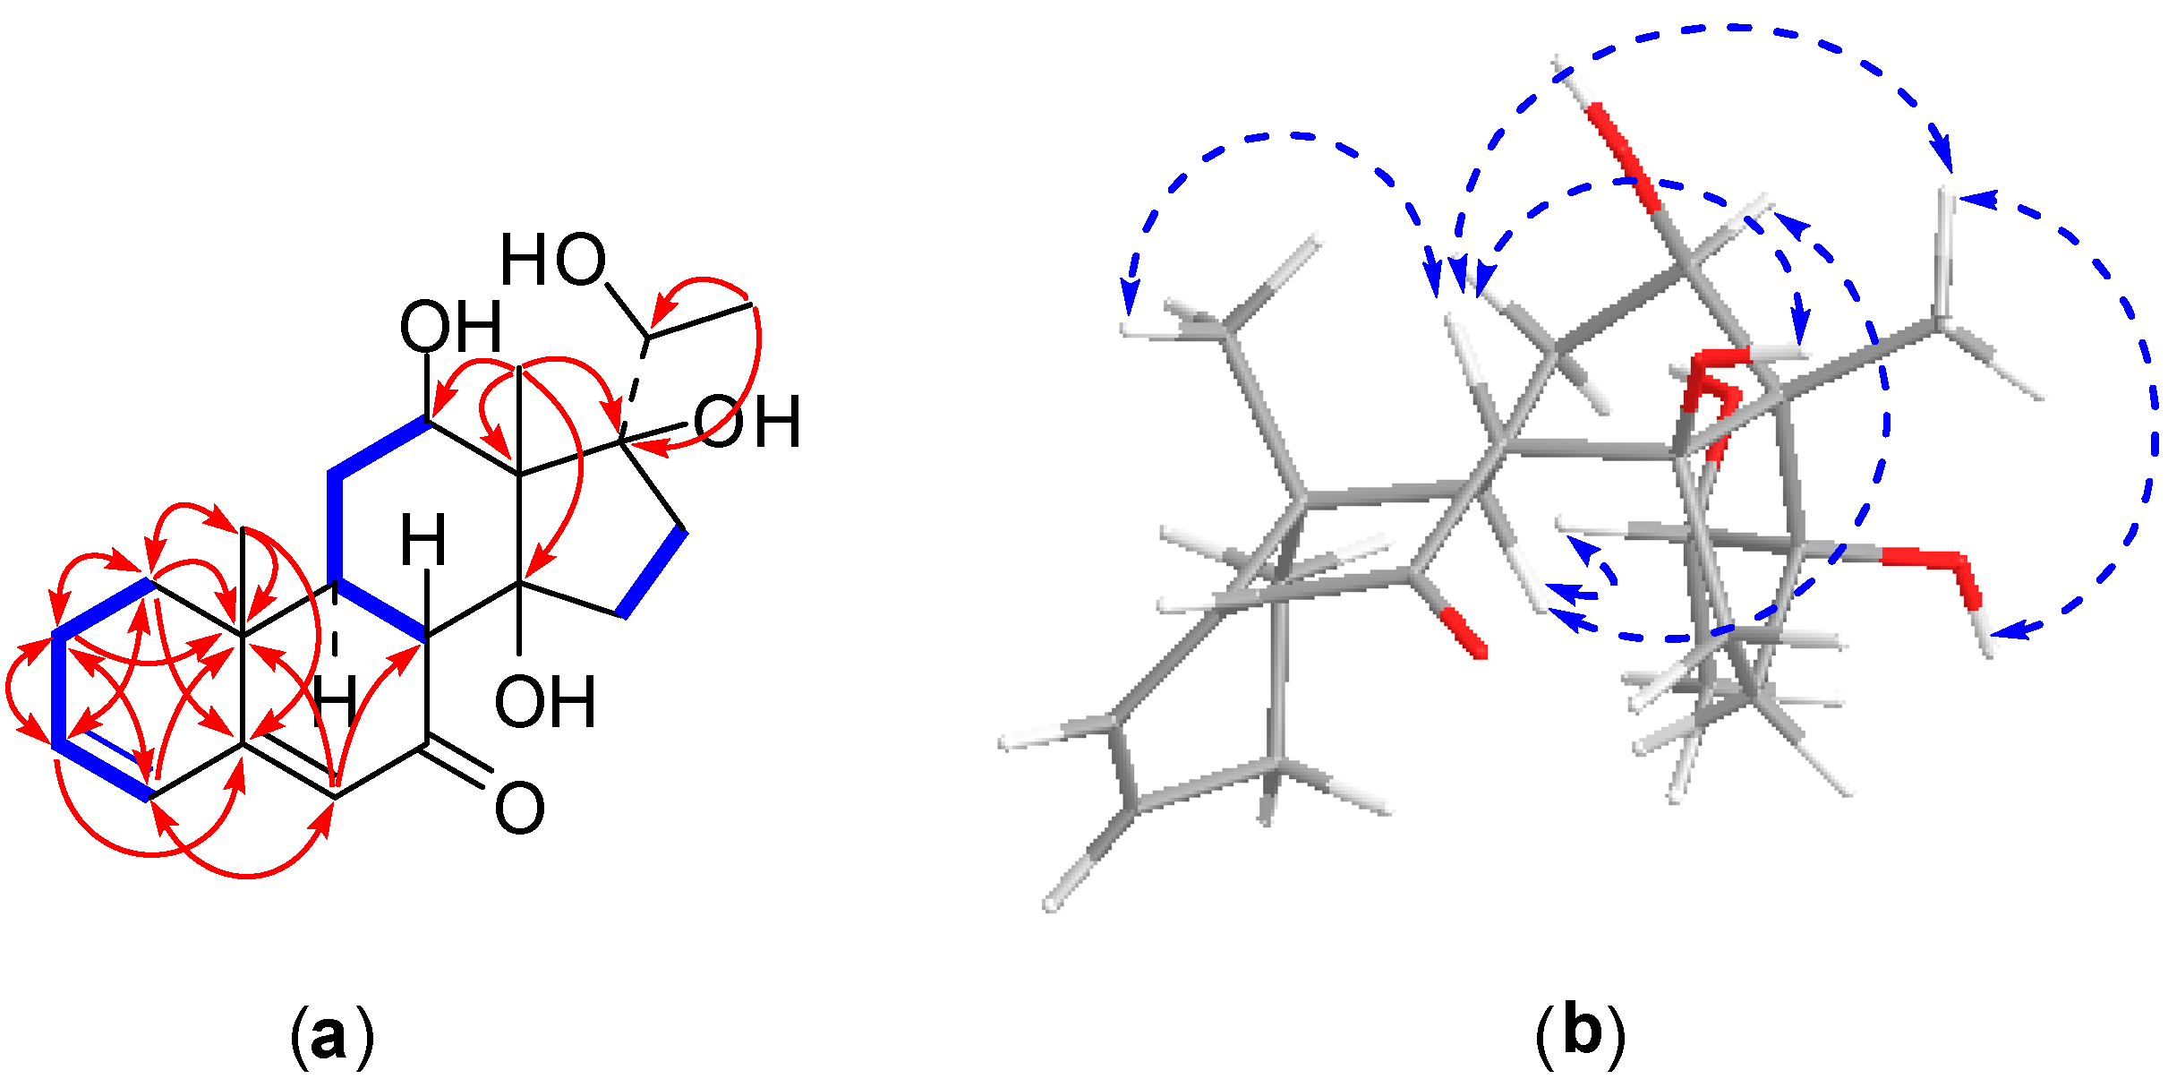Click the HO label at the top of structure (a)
552,261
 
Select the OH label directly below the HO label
450,327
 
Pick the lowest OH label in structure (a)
545,702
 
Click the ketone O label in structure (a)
519,809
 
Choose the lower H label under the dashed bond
335,701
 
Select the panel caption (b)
1581,1033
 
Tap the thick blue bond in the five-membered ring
654,573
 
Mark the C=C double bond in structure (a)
288,769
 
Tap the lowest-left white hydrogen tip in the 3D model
1052,904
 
